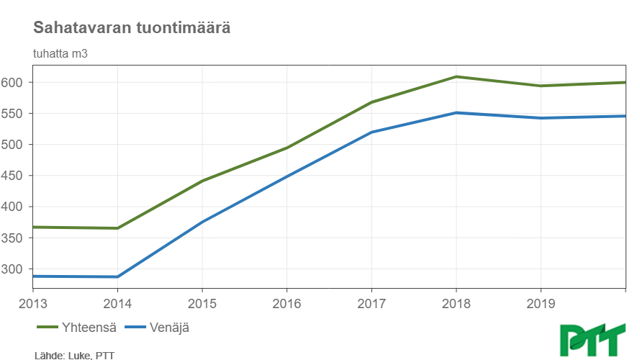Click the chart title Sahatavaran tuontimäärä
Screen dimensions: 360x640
click(x=131, y=28)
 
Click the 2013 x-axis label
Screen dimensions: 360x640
click(x=33, y=302)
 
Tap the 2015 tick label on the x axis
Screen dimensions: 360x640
click(x=202, y=302)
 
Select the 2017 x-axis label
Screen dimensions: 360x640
click(x=371, y=302)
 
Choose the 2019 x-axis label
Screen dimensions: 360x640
click(x=541, y=302)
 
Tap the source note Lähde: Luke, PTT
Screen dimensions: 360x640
click(x=73, y=355)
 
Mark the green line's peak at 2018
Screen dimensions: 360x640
click(x=456, y=76)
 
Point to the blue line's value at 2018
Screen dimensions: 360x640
click(x=456, y=112)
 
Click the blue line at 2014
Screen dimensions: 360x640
click(x=117, y=276)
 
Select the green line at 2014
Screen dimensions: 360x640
click(x=117, y=228)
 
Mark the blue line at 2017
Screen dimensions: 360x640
click(x=371, y=132)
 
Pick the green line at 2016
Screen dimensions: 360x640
click(x=287, y=148)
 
